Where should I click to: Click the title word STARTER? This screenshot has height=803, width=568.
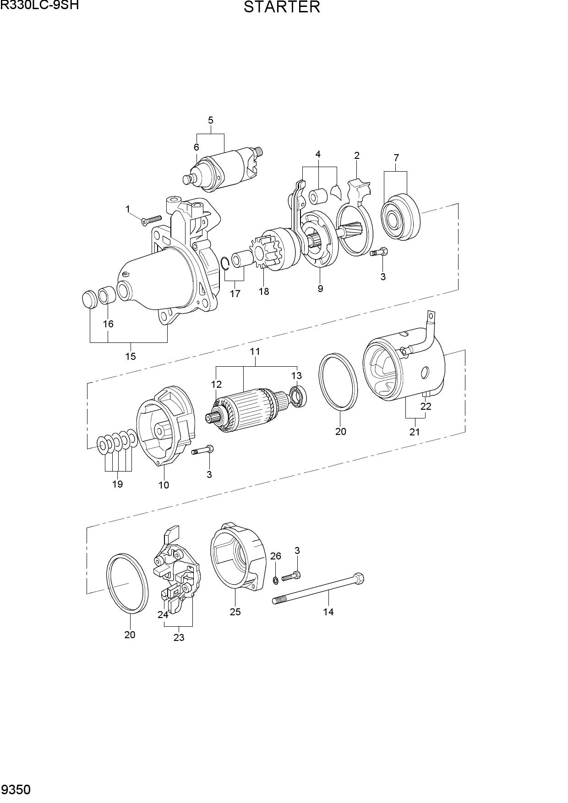click(282, 7)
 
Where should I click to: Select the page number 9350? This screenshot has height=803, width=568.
click(16, 790)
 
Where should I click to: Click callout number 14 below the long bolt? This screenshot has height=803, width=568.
click(328, 612)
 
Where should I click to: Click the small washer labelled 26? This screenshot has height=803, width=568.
click(275, 581)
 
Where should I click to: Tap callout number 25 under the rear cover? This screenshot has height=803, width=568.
click(235, 612)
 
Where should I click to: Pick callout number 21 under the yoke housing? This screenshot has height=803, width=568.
click(415, 432)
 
